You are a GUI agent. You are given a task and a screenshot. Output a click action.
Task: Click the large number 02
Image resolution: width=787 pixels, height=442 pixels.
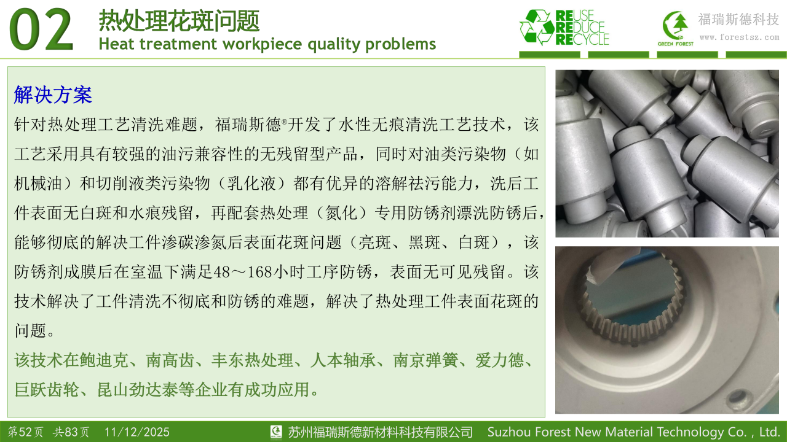[41, 29]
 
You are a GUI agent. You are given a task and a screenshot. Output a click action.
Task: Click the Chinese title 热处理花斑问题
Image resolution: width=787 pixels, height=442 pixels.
[179, 21]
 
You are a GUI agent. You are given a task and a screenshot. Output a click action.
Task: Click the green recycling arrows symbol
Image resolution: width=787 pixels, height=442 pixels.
[537, 28]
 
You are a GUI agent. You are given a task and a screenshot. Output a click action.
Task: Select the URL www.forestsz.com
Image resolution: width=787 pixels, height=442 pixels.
[739, 37]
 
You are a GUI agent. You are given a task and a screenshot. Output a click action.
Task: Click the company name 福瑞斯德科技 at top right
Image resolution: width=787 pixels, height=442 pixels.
[738, 19]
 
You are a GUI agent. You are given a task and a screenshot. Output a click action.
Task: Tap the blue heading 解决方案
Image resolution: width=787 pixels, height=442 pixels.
[53, 95]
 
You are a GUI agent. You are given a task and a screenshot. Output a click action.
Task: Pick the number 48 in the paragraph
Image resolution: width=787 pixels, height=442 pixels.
[221, 272]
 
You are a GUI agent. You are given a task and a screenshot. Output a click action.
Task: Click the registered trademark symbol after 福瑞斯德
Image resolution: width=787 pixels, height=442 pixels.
[284, 122]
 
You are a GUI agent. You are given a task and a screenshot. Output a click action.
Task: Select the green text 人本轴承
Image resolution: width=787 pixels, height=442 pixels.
[342, 360]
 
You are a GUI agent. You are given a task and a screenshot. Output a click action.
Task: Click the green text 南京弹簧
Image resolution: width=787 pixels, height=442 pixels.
[425, 360]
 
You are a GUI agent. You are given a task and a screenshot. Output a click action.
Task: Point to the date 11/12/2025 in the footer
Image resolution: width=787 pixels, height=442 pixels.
[137, 432]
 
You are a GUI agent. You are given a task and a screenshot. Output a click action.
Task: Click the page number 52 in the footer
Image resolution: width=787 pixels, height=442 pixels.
[25, 432]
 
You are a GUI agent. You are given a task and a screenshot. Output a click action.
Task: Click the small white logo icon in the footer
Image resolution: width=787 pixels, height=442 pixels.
[276, 432]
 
